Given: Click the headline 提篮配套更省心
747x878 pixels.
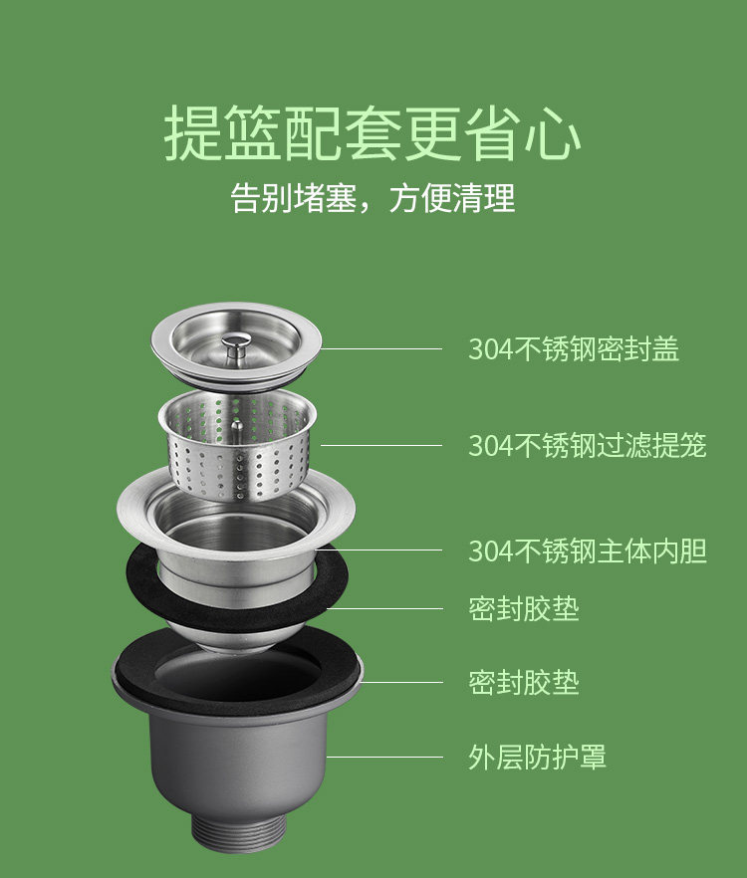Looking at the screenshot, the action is point(373,133).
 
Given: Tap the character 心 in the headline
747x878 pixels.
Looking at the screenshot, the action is point(553,133).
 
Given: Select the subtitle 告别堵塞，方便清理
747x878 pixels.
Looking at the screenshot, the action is point(373,198).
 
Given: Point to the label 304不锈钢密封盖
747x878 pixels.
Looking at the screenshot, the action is point(574,348).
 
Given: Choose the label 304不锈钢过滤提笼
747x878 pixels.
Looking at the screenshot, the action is point(588,446).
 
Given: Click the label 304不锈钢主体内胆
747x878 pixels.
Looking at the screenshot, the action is point(588,551).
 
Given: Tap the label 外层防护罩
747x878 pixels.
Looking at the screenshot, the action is point(538,757).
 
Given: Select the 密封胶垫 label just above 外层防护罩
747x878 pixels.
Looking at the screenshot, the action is point(524,683).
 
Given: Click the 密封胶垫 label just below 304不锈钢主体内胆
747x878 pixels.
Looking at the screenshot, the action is point(524,608).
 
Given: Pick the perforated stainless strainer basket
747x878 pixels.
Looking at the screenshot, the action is point(238,445).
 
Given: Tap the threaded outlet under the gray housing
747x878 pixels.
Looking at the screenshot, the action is point(239,833).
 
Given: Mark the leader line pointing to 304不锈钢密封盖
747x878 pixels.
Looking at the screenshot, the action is point(381,348).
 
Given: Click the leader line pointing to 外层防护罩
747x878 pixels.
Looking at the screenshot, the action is point(384,757).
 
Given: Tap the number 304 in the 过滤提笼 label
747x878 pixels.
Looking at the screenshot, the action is point(491,446).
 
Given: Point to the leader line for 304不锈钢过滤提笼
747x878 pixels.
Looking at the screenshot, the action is point(381,446).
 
